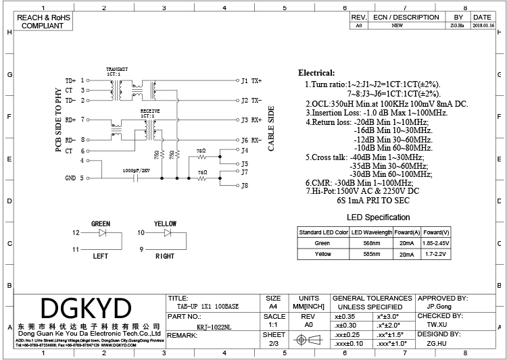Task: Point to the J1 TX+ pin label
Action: [251, 80]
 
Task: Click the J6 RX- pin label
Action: [251, 140]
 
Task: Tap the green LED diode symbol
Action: [102, 232]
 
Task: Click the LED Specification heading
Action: [378, 217]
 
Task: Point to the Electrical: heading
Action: [316, 73]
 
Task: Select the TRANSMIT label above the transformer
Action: [117, 70]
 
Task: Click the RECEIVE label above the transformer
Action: [149, 109]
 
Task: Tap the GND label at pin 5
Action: [70, 178]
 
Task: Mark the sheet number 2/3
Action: [274, 343]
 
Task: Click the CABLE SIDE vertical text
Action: [272, 128]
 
